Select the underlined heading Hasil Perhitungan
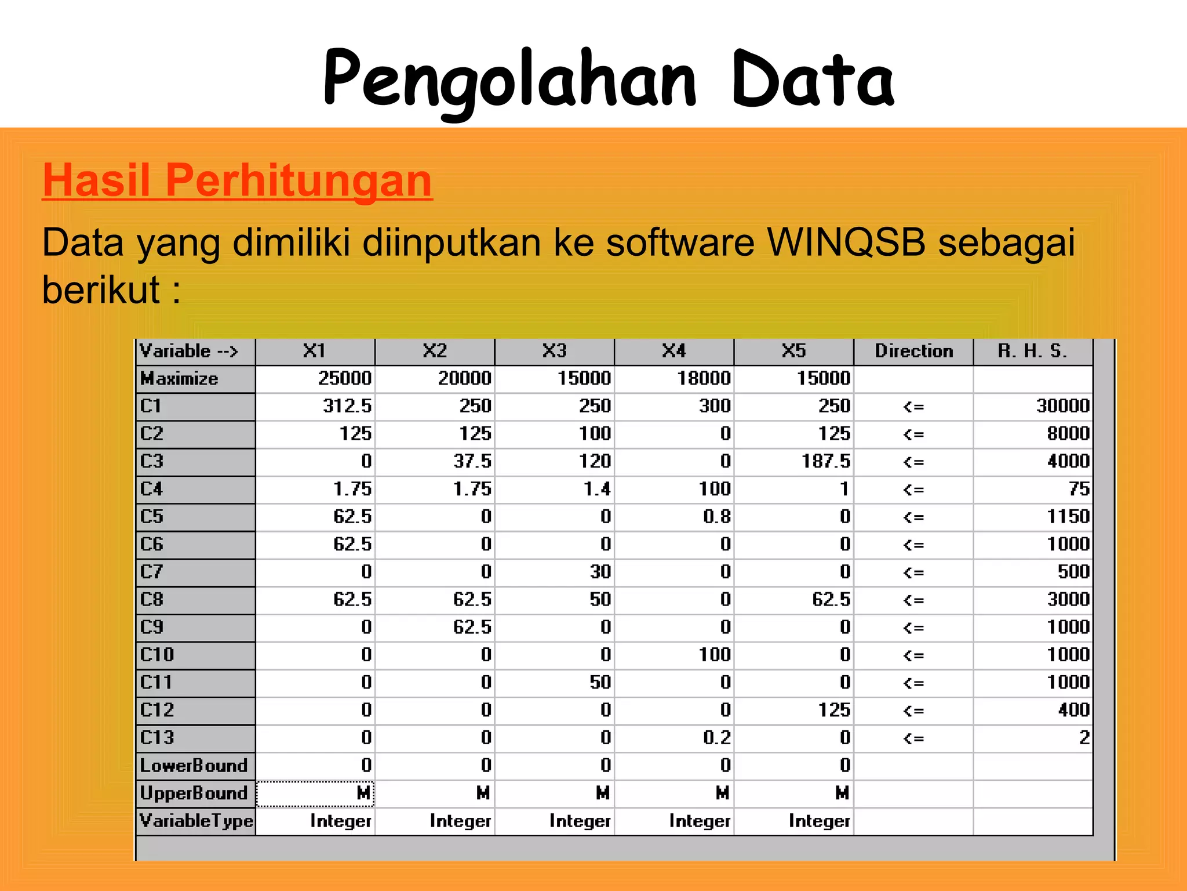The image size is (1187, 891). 237,180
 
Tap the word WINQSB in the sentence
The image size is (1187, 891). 846,242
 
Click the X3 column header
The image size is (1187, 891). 555,351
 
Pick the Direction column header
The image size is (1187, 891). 913,351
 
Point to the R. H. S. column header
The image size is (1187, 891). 1032,351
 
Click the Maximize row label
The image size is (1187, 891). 180,379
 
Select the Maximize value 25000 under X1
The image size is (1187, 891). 345,378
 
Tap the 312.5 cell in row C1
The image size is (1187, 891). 347,406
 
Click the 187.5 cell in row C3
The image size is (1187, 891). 826,461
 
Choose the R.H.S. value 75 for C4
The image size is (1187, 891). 1079,489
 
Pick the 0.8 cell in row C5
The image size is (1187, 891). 717,516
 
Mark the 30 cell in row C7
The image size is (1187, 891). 600,572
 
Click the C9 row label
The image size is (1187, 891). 152,627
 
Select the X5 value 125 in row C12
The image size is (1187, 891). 834,710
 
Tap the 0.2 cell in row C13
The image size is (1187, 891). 717,737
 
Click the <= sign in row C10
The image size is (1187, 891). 913,655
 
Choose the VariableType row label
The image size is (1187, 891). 196,821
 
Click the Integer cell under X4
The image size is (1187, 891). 700,821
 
